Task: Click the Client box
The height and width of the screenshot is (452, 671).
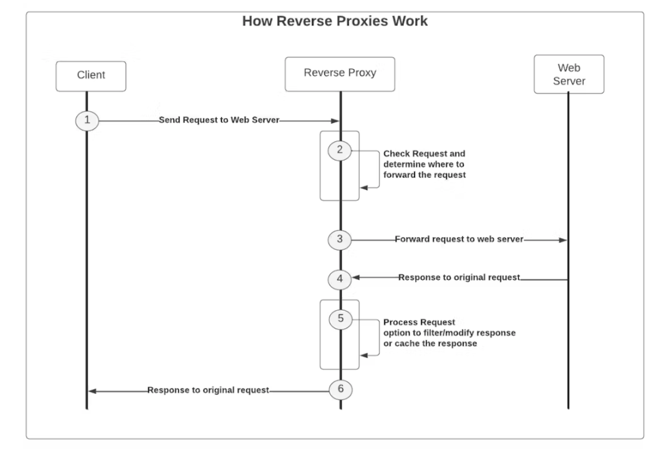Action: tap(91, 76)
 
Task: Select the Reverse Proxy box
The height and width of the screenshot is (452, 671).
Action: tap(340, 74)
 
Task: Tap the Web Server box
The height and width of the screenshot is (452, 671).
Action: tap(569, 74)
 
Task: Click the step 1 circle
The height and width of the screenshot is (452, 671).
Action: tap(87, 121)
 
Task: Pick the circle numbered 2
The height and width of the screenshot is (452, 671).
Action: tap(340, 150)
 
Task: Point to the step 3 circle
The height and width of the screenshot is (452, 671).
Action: tap(340, 240)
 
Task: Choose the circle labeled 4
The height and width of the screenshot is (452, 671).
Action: tap(340, 279)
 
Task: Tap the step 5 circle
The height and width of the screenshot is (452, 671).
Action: tap(341, 319)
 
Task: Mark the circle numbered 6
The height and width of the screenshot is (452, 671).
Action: tap(341, 389)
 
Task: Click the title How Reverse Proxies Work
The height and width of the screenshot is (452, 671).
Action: tap(334, 21)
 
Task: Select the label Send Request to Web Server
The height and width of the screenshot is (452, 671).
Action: tap(219, 120)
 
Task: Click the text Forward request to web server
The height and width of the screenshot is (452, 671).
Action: tap(459, 239)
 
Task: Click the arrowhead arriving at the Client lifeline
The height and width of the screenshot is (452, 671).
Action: tap(92, 391)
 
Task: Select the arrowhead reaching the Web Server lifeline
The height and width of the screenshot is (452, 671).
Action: tap(563, 240)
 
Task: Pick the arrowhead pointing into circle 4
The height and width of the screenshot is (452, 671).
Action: tap(356, 277)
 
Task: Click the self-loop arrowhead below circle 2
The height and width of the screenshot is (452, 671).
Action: tap(364, 188)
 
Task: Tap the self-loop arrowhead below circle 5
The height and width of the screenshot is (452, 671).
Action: tap(364, 355)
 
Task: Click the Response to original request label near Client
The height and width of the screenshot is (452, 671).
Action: tap(208, 390)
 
